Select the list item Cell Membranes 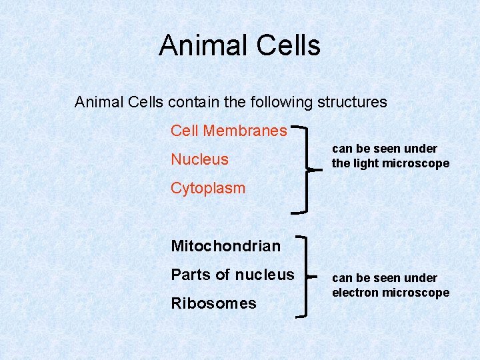click(x=229, y=131)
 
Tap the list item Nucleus click(x=199, y=159)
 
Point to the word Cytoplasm click(x=208, y=188)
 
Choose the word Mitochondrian click(x=225, y=246)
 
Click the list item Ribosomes click(x=213, y=303)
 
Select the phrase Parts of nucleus click(x=232, y=275)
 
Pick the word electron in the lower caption click(x=354, y=293)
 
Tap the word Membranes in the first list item click(x=245, y=131)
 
